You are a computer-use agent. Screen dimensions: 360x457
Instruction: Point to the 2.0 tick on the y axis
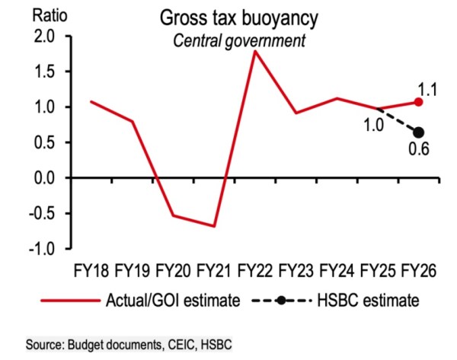[39, 37]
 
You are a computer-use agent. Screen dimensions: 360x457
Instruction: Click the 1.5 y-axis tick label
[39, 72]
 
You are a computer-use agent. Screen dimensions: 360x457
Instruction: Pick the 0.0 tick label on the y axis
[39, 178]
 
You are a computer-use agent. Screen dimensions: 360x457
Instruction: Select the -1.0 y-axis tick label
[37, 249]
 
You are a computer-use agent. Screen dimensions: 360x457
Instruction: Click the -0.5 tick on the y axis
[37, 214]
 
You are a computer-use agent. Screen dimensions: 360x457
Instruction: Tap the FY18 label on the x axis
[91, 270]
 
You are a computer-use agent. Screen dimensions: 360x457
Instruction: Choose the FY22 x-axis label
[255, 270]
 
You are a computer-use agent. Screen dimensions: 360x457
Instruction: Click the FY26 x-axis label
[418, 270]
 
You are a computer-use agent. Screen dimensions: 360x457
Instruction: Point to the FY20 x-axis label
[174, 270]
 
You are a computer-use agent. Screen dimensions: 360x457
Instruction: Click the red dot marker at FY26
[418, 102]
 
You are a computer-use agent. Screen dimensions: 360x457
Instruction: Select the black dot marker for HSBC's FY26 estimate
[418, 132]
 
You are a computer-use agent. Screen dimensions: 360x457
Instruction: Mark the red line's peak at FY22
[254, 51]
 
